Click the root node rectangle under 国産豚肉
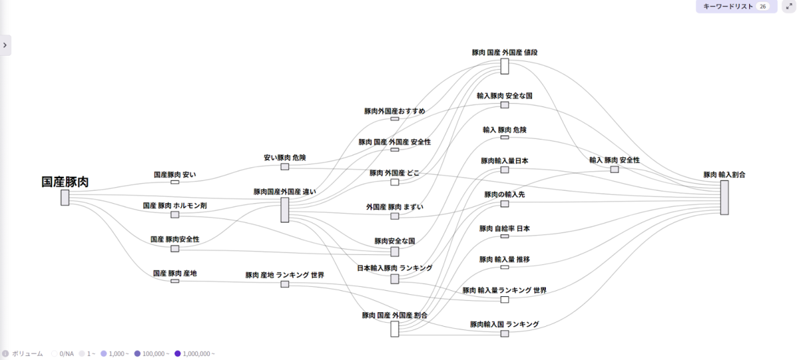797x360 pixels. (65, 197)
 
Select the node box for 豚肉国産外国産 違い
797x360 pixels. (285, 210)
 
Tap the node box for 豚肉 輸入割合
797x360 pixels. (725, 197)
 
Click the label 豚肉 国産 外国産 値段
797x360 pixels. (505, 52)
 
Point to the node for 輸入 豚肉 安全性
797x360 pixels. (614, 169)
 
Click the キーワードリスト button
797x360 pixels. (737, 7)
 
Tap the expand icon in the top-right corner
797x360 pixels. (789, 6)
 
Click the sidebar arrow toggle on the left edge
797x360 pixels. (5, 45)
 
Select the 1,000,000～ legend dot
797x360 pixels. (177, 353)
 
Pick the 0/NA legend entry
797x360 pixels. (63, 353)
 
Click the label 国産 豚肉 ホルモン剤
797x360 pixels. (175, 206)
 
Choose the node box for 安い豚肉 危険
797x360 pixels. (285, 167)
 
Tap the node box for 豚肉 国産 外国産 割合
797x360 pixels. (395, 329)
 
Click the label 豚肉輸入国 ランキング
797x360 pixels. (505, 324)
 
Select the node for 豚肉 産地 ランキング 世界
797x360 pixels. (285, 284)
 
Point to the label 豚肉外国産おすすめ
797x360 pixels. (395, 111)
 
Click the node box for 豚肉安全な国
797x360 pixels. (395, 252)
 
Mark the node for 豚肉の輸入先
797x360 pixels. (505, 204)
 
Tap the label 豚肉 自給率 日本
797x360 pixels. (505, 228)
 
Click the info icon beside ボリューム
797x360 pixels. (5, 353)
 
